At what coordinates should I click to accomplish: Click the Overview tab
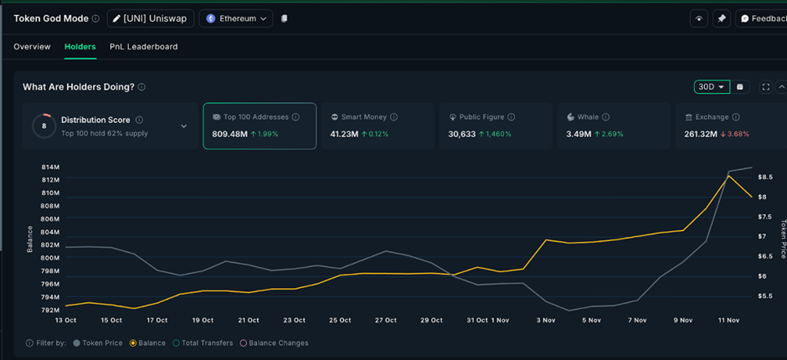[x=32, y=47]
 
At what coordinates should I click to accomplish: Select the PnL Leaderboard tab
[x=143, y=47]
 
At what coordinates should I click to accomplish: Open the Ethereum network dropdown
[x=238, y=18]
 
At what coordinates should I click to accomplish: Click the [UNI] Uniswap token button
[x=151, y=18]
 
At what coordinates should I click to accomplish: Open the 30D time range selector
[x=712, y=87]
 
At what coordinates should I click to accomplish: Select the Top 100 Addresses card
[x=260, y=126]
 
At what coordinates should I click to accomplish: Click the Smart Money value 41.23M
[x=345, y=134]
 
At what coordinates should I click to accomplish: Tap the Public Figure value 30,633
[x=462, y=134]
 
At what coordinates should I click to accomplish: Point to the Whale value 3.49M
[x=579, y=134]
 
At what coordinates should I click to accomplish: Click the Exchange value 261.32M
[x=702, y=134]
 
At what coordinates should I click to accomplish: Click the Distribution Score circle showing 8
[x=44, y=126]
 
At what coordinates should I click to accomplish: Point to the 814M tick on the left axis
[x=49, y=167]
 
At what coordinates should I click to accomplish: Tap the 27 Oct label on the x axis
[x=385, y=321]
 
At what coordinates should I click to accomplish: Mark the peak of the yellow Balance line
[x=729, y=176]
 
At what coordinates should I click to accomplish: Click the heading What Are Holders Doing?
[x=78, y=87]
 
